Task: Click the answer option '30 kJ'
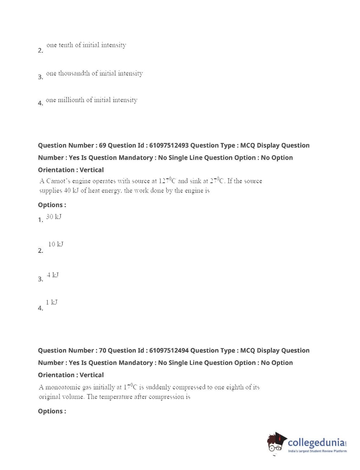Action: tap(54, 217)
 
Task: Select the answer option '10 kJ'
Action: tap(55, 244)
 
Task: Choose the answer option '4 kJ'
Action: tap(53, 275)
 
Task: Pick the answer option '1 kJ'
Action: tap(51, 302)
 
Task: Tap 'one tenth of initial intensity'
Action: tap(86, 45)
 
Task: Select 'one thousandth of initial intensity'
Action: tap(94, 73)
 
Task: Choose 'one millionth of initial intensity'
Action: tap(91, 100)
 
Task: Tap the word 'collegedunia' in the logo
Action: tap(316, 442)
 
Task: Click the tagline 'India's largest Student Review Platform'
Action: tap(317, 451)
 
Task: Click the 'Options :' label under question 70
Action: tap(52, 411)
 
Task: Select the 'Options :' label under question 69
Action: tap(52, 205)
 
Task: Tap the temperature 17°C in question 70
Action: tap(130, 387)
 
